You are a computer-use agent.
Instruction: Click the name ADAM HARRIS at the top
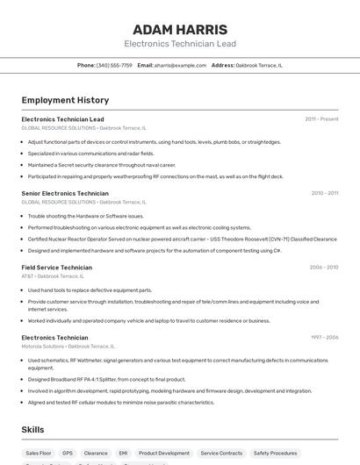point(180,29)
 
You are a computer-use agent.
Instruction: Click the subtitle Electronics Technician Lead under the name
point(180,44)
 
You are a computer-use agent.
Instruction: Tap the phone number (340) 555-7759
point(114,65)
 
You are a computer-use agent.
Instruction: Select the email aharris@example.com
point(174,65)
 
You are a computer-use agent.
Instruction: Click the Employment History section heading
point(65,100)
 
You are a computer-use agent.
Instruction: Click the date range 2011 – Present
point(321,119)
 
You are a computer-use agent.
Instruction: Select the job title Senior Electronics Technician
point(65,193)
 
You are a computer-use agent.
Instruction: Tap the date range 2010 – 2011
point(324,193)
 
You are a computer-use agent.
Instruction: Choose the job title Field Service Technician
point(56,268)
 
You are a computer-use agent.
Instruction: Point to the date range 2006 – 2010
point(323,268)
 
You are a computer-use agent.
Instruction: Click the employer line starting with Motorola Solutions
point(68,347)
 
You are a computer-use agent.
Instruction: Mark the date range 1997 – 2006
point(323,338)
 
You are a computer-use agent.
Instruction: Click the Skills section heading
point(32,430)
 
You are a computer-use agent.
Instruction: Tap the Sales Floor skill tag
point(39,454)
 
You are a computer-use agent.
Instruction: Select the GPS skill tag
point(68,454)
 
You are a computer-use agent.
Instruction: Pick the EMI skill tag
point(123,454)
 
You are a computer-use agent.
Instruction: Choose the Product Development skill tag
point(163,454)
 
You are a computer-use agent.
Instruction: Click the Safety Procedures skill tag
point(275,454)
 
